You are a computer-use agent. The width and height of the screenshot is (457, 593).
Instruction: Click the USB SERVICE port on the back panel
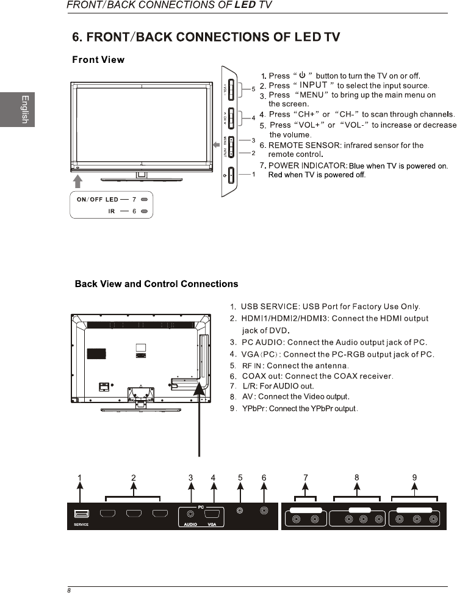pyautogui.click(x=82, y=514)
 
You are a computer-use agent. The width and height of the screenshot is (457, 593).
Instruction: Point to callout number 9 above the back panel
pyautogui.click(x=414, y=478)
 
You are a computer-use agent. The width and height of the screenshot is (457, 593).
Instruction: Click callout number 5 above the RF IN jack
pyautogui.click(x=240, y=478)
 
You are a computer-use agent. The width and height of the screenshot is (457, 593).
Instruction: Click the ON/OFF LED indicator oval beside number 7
pyautogui.click(x=145, y=200)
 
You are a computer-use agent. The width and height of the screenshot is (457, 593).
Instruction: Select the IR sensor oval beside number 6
pyautogui.click(x=145, y=211)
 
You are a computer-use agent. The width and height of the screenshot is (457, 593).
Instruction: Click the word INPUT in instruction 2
pyautogui.click(x=313, y=85)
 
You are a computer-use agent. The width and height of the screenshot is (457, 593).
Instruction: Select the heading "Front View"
pyautogui.click(x=98, y=60)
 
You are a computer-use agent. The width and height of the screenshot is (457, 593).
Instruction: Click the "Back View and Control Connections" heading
pyautogui.click(x=156, y=284)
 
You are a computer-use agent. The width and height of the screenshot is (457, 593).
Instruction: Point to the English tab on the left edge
pyautogui.click(x=24, y=109)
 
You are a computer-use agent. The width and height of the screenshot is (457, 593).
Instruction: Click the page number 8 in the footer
pyautogui.click(x=70, y=590)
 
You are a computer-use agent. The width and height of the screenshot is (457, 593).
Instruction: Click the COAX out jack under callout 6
pyautogui.click(x=264, y=511)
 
